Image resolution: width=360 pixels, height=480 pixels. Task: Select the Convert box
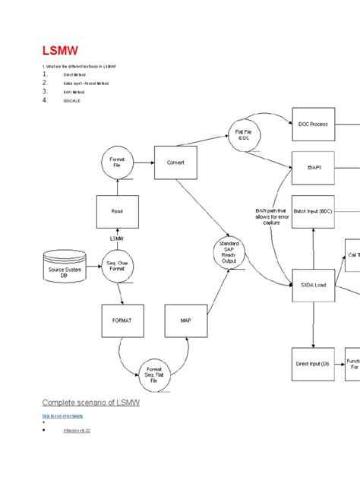point(175,163)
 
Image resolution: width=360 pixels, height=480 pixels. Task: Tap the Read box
point(117,212)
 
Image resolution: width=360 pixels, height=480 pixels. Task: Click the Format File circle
point(117,162)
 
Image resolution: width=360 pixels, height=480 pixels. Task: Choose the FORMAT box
point(122,321)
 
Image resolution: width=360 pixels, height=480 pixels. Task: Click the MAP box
point(186,321)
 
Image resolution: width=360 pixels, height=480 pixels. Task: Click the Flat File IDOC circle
point(243,136)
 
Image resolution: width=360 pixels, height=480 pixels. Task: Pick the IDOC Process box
point(313,124)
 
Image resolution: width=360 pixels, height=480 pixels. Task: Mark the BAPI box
point(313,167)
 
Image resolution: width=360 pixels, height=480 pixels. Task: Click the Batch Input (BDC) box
point(313,211)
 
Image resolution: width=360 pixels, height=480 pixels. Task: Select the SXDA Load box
point(313,285)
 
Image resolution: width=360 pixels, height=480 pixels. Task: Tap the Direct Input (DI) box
point(313,364)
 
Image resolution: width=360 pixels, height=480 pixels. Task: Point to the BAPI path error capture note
point(272,217)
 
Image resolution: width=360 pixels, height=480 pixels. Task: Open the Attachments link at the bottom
point(77,430)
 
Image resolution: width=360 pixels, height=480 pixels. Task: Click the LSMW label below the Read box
point(116,238)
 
